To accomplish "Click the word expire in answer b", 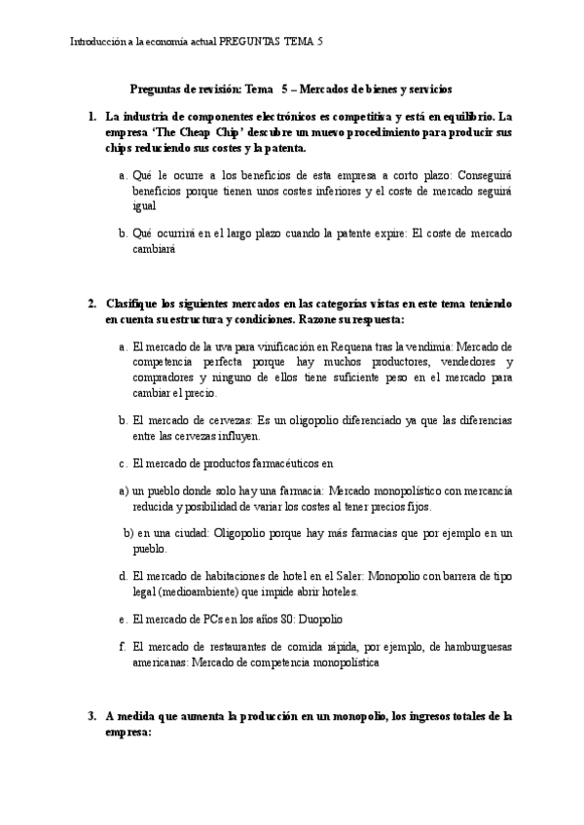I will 387,233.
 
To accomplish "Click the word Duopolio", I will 317,619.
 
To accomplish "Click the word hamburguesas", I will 474,646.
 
